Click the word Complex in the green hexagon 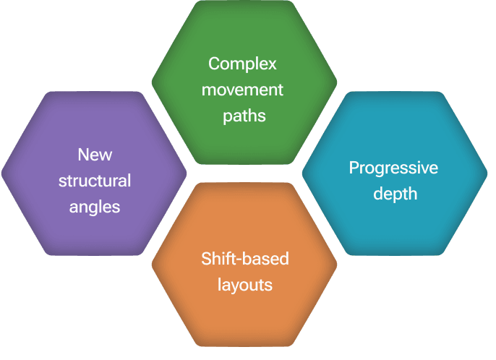(242, 64)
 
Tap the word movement (242, 90)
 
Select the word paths (244, 116)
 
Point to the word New (95, 155)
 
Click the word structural (95, 180)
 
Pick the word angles (95, 207)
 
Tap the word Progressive (393, 168)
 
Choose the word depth (395, 194)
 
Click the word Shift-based (244, 259)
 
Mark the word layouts (244, 285)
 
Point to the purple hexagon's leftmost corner (4, 173)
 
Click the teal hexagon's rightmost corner (486, 173)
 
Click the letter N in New (82, 155)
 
